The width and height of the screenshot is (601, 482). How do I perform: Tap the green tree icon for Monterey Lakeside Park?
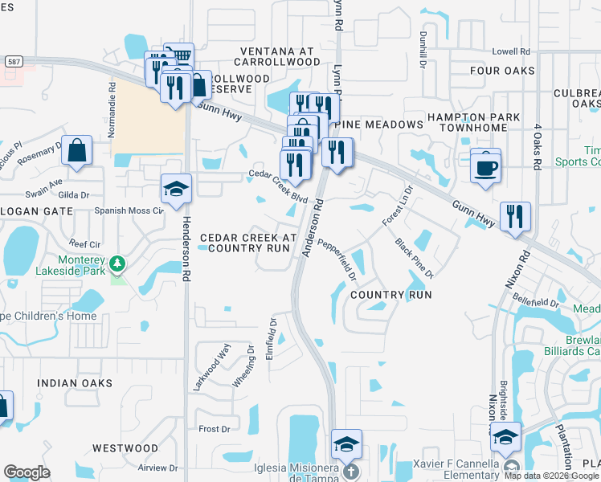[117, 263]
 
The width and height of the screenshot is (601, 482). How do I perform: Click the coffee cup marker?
[485, 168]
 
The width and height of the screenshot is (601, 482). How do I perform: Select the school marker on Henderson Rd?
[176, 190]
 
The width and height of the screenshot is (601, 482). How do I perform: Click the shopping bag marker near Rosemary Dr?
[76, 152]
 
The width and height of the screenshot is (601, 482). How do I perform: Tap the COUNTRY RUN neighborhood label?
[391, 295]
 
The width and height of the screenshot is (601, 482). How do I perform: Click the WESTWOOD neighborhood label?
[125, 447]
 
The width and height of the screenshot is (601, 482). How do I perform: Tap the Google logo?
[27, 472]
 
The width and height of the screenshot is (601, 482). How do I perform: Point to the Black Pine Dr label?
[415, 258]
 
